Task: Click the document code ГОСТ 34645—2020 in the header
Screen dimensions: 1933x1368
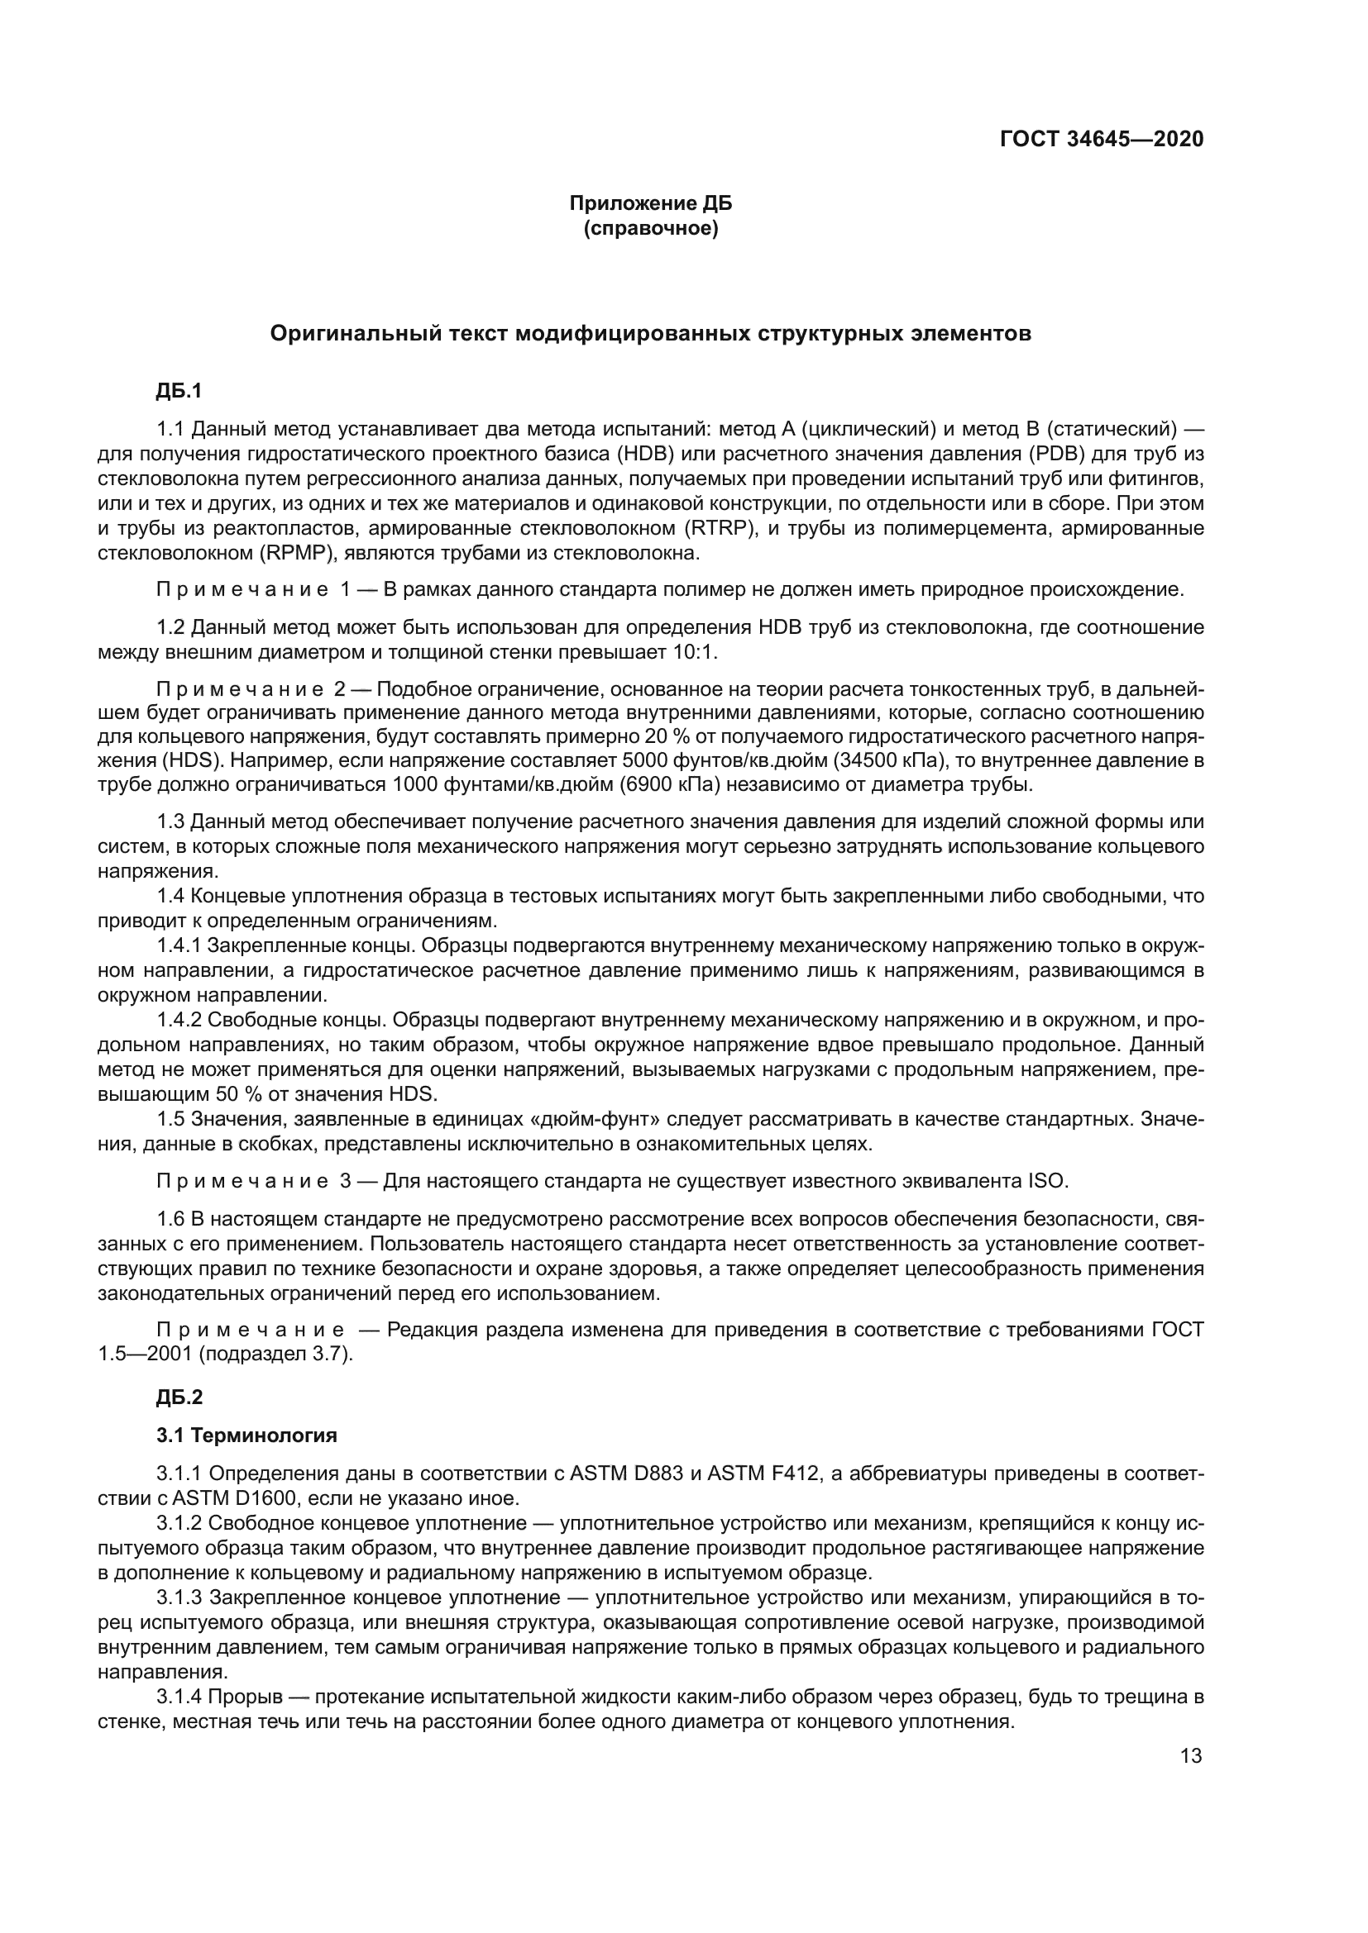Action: click(1101, 140)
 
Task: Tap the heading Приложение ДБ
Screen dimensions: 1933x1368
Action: click(650, 204)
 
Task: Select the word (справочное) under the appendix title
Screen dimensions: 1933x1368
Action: click(650, 229)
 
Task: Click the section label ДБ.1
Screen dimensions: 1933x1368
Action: click(179, 392)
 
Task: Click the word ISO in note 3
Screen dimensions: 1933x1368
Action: click(1049, 1181)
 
